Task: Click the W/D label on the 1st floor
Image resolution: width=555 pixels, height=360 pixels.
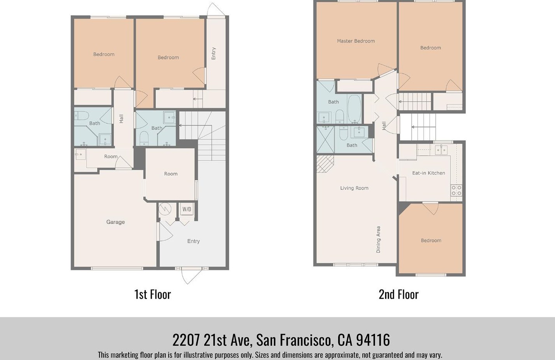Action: click(187, 209)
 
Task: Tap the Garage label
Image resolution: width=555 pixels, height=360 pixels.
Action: click(115, 222)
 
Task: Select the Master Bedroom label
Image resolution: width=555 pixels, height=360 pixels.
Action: click(356, 41)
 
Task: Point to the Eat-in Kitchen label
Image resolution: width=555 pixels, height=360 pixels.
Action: click(429, 173)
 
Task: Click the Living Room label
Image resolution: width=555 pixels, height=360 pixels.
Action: click(354, 188)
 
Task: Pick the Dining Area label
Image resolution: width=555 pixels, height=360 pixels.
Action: click(378, 240)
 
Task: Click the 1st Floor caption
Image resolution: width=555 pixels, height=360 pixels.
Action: click(153, 294)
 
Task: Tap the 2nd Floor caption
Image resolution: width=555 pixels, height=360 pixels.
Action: click(399, 294)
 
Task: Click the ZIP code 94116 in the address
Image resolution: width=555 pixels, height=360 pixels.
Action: click(373, 340)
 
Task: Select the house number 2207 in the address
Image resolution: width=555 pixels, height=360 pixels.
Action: click(186, 340)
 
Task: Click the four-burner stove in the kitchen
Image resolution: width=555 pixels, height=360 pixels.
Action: click(456, 190)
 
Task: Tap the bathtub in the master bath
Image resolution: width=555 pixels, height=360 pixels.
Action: click(354, 109)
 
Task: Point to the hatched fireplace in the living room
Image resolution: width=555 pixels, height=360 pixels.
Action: click(325, 163)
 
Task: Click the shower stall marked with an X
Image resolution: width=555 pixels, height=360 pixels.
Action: click(325, 140)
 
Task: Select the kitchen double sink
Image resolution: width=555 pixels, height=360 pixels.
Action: click(441, 150)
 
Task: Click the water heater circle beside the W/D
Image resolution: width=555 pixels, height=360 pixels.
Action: click(165, 209)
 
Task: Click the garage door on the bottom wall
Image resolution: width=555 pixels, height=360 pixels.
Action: click(117, 268)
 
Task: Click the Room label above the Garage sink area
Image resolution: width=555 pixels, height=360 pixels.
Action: click(111, 157)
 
